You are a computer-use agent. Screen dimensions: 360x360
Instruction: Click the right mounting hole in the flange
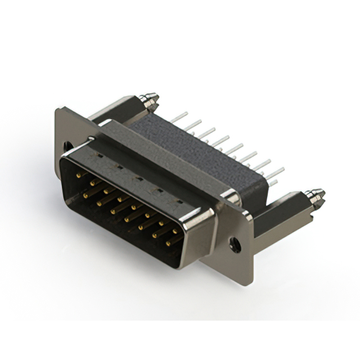(x=235, y=244)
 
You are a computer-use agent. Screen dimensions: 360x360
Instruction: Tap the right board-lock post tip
(x=316, y=196)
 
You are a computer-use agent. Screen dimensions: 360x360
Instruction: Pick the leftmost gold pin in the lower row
(x=86, y=194)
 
